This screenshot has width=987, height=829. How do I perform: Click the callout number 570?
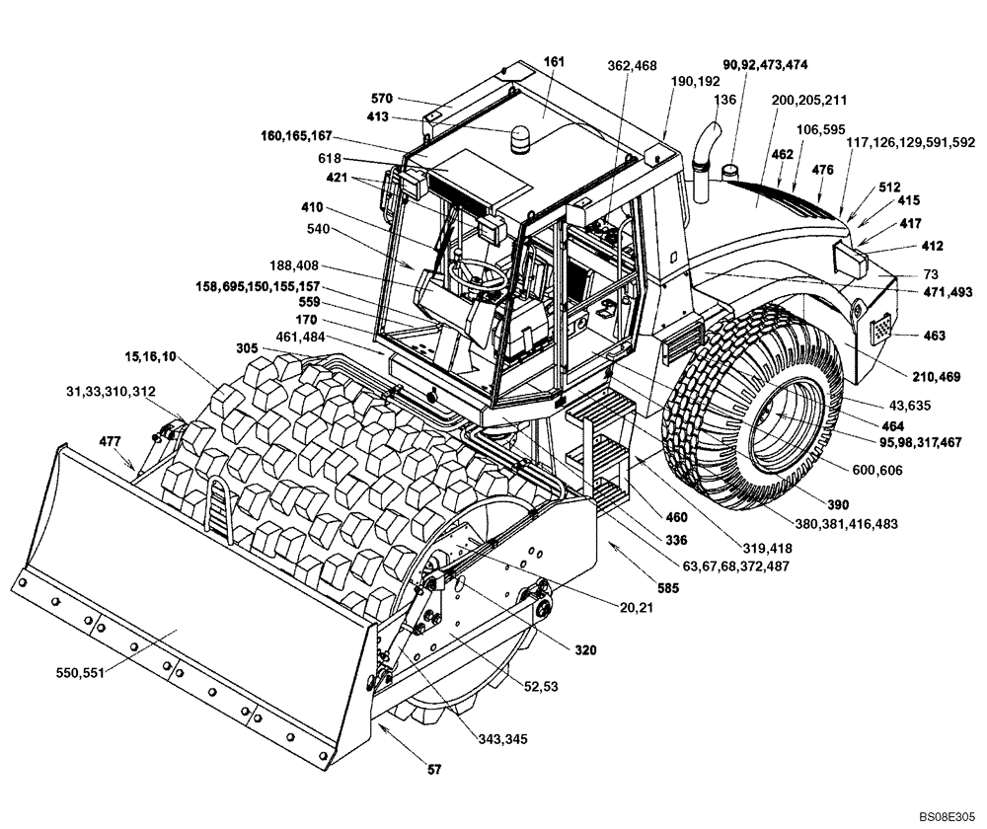coord(381,98)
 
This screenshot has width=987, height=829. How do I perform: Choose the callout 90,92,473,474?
coord(766,64)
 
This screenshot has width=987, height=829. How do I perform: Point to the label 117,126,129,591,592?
coord(909,141)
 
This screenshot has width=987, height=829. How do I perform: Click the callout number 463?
coord(933,337)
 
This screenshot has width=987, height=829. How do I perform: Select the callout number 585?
coord(643,588)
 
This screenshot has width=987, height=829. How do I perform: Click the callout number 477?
coord(111,441)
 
